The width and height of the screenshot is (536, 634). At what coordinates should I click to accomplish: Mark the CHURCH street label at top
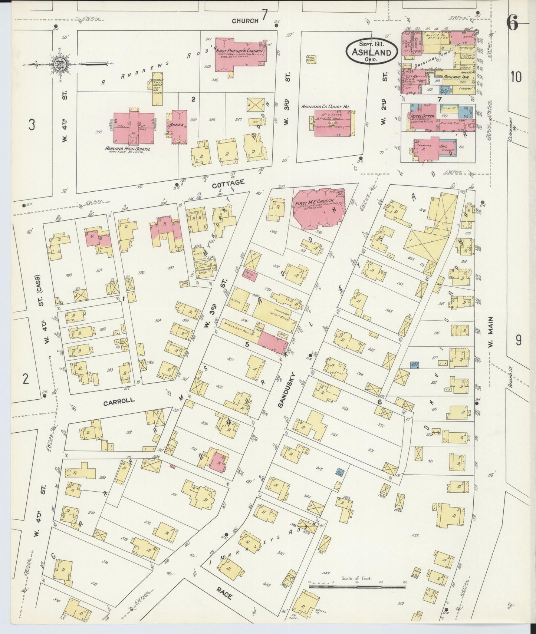(x=245, y=21)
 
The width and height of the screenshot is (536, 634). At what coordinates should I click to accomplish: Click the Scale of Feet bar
(x=357, y=587)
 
